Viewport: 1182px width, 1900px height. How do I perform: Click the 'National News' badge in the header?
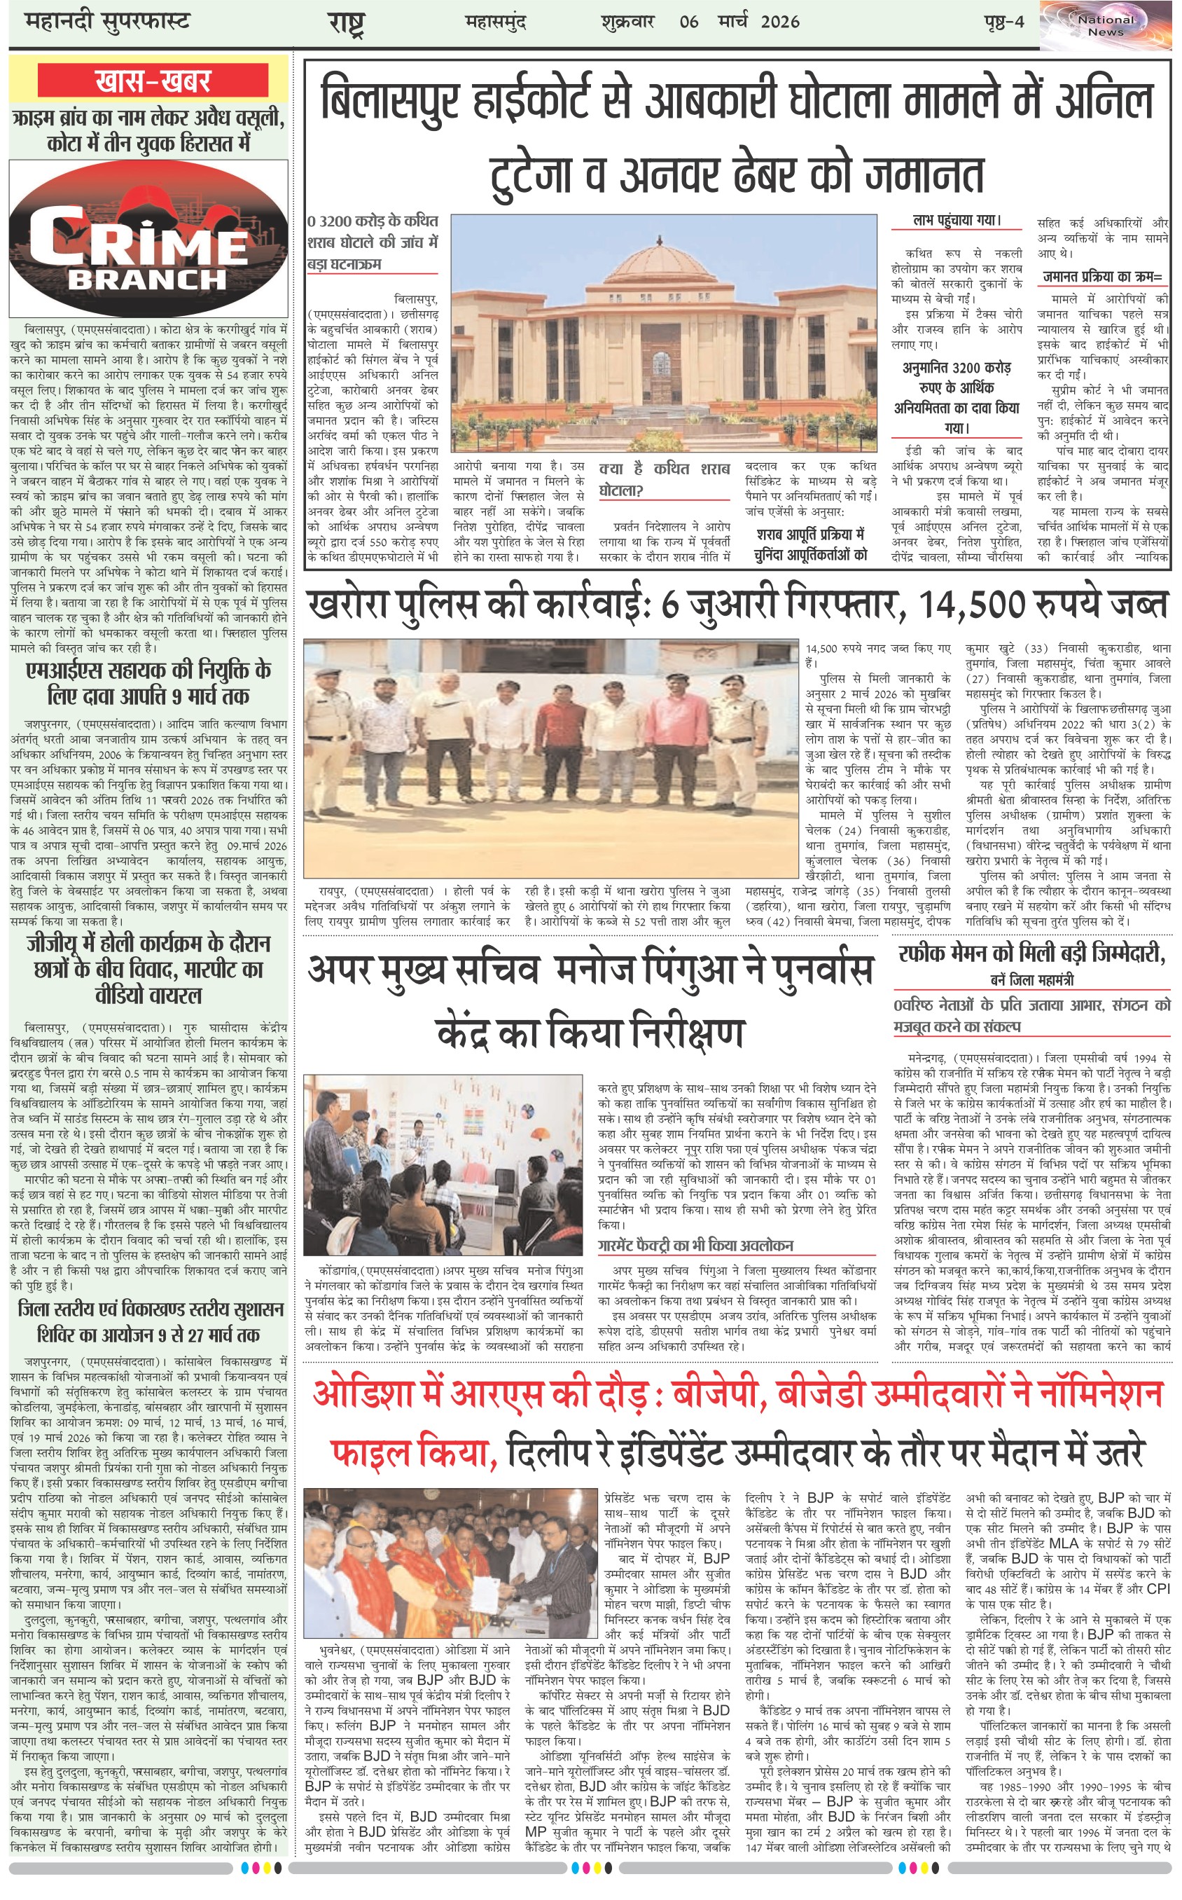1106,25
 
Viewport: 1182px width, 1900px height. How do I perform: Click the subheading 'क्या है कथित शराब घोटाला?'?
664,479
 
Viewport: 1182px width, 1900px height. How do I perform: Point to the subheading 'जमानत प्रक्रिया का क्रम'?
1102,277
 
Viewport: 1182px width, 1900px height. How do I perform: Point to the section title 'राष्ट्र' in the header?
345,22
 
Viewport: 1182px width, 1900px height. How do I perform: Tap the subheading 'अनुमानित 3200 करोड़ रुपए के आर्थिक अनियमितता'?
957,397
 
